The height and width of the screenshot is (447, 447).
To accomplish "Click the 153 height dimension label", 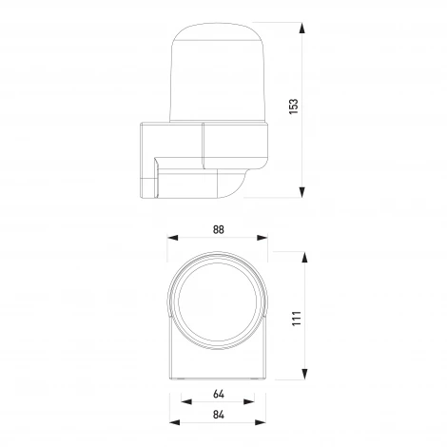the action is [x=294, y=107].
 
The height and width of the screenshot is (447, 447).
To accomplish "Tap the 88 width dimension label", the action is [x=219, y=229].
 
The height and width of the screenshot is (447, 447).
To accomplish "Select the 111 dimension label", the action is [x=296, y=318].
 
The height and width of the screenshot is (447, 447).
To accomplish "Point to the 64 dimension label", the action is [x=219, y=394].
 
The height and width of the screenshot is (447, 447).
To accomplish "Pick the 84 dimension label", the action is [x=219, y=415].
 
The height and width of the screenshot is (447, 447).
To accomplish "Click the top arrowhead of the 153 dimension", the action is [x=302, y=28].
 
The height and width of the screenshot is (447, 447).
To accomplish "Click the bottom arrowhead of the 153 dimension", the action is [x=302, y=192].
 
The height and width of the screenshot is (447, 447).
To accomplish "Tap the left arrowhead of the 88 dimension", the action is [x=173, y=238].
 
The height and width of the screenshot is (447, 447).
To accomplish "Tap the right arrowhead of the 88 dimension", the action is [x=262, y=238].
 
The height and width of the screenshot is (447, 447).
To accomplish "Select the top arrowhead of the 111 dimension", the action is [x=304, y=258].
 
